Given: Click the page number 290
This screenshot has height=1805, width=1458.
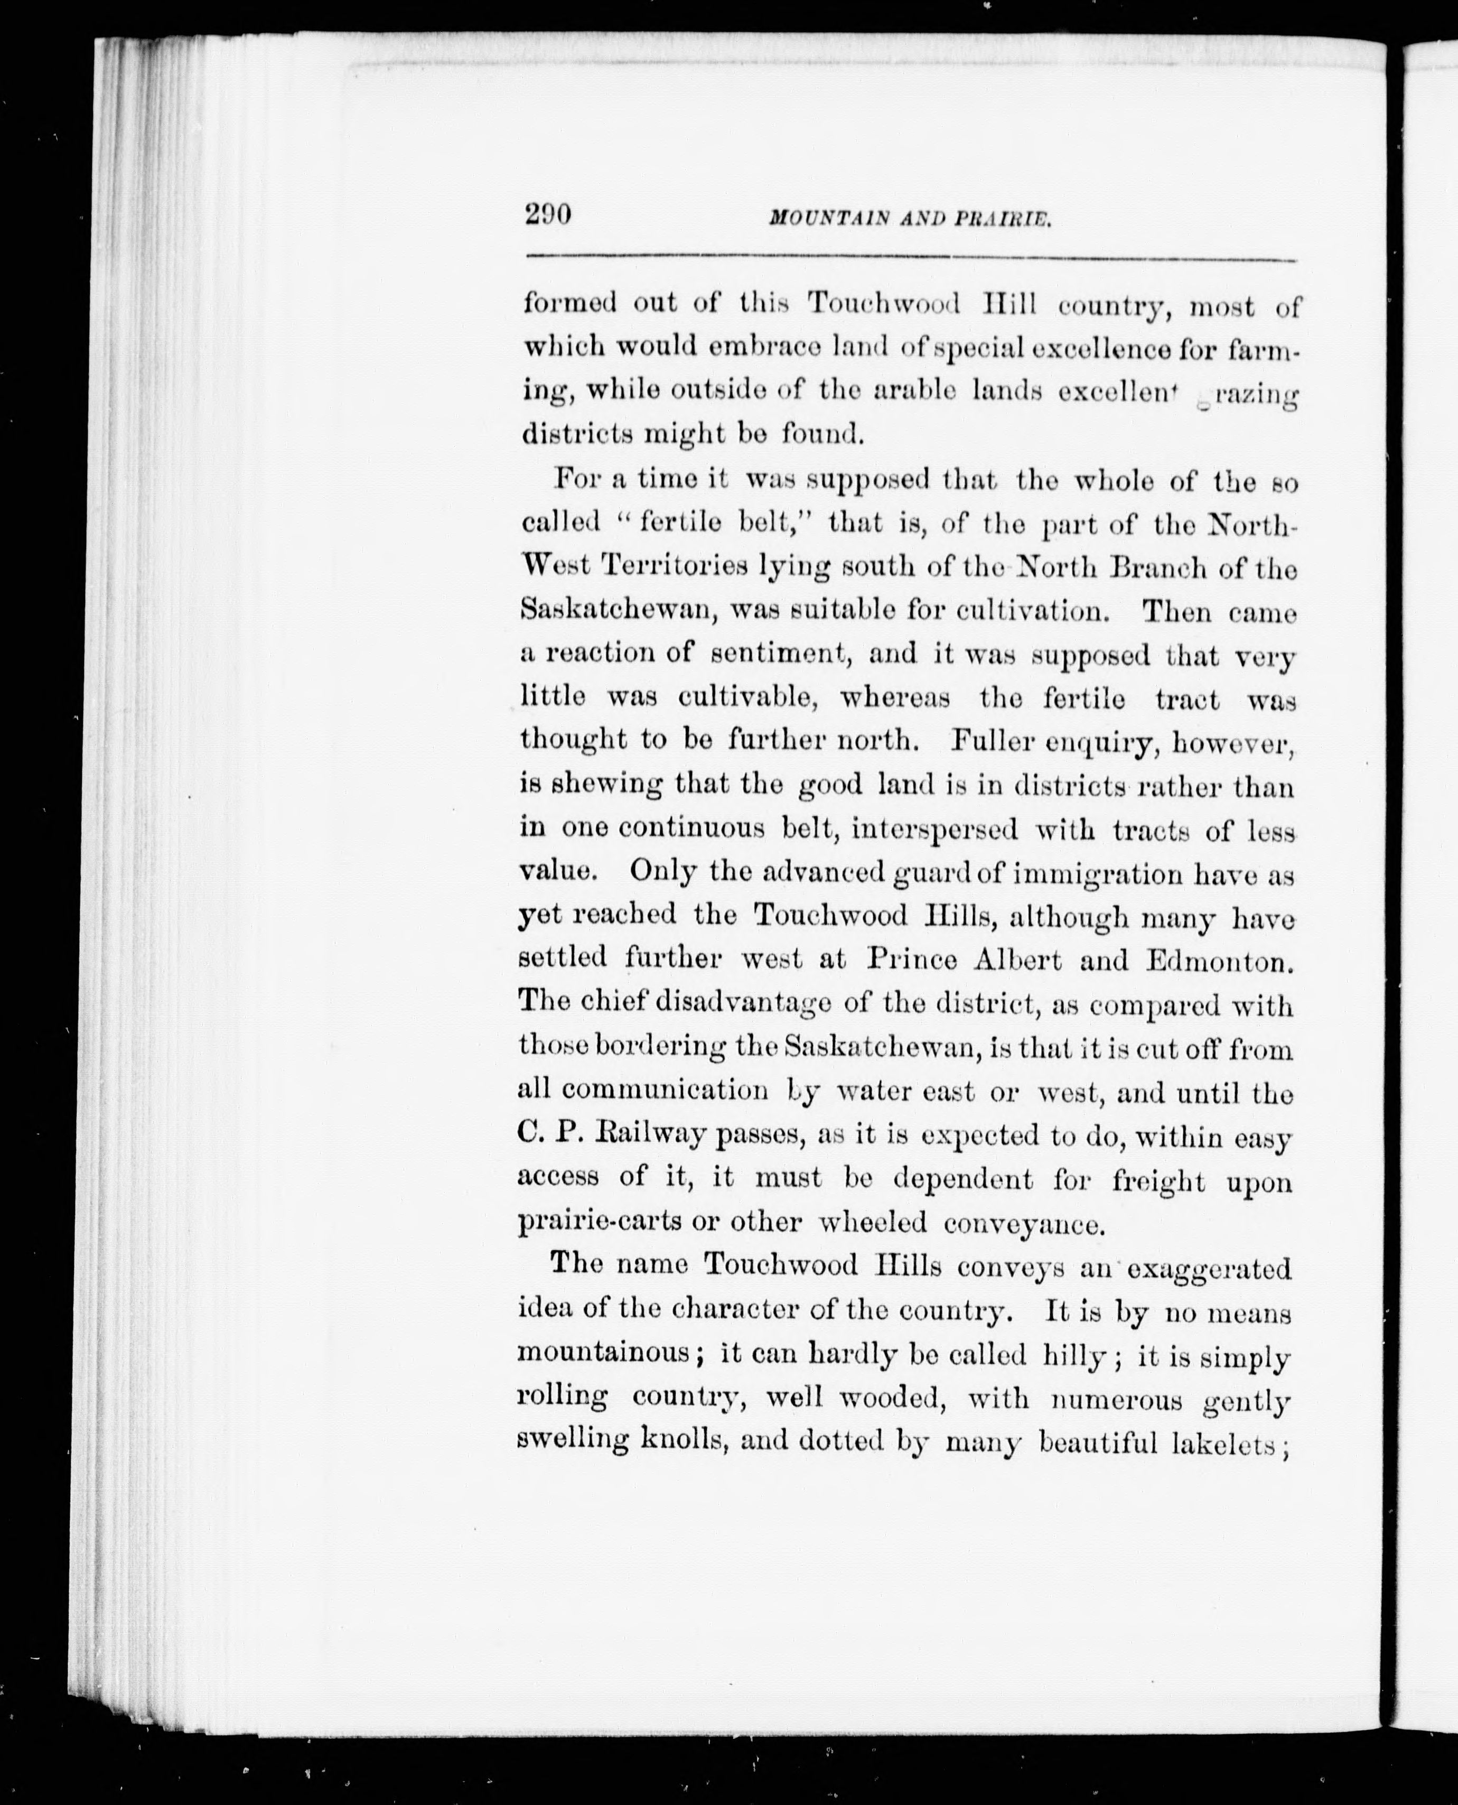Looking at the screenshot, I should tap(548, 216).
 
